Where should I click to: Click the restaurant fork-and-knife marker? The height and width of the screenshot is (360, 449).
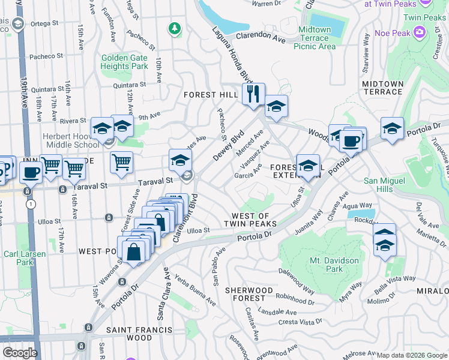pyautogui.click(x=253, y=94)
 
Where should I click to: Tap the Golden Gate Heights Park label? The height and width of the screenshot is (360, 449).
pyautogui.click(x=125, y=62)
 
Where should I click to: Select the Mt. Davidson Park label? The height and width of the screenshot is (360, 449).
pyautogui.click(x=334, y=265)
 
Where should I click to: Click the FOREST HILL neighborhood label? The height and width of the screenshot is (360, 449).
pyautogui.click(x=211, y=95)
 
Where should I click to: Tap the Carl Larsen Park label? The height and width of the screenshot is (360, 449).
pyautogui.click(x=25, y=258)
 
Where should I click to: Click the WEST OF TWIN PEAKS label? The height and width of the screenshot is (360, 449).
pyautogui.click(x=254, y=220)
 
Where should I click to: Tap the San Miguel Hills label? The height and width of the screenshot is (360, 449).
pyautogui.click(x=386, y=185)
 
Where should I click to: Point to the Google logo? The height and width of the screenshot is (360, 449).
pyautogui.click(x=20, y=353)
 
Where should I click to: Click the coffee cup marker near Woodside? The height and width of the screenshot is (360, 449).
pyautogui.click(x=352, y=141)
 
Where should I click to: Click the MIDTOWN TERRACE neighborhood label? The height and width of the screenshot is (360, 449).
pyautogui.click(x=382, y=88)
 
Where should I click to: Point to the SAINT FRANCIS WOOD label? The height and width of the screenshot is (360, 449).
pyautogui.click(x=139, y=334)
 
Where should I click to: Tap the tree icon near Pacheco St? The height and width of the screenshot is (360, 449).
pyautogui.click(x=175, y=28)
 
